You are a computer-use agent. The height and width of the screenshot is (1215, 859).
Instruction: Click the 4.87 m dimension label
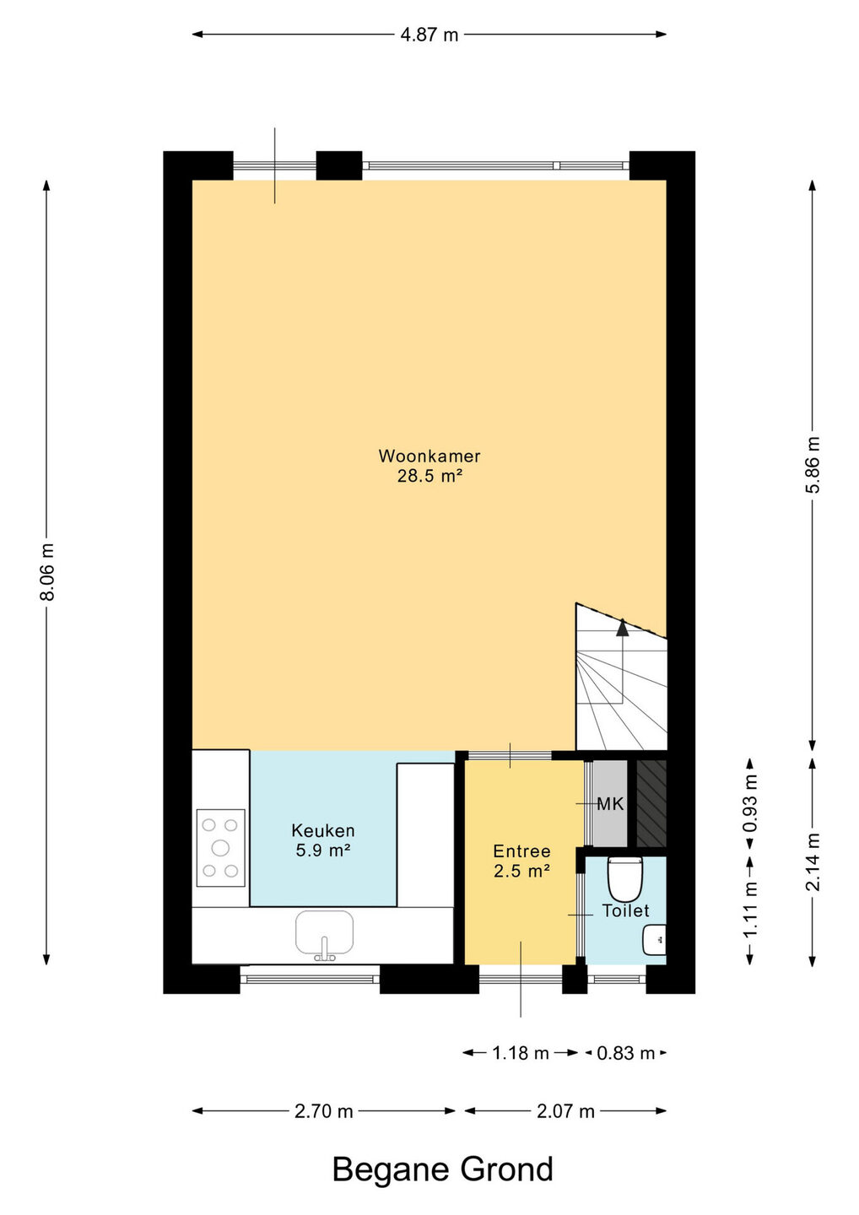[x=429, y=35]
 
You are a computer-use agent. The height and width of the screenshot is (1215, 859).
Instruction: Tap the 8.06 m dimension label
[x=48, y=572]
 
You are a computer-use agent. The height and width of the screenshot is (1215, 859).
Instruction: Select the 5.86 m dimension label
[x=813, y=464]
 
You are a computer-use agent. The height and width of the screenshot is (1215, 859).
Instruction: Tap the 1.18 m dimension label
[x=520, y=1053]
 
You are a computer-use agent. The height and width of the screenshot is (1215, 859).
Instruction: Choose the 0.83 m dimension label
[x=625, y=1053]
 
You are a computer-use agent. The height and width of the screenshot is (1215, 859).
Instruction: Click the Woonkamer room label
[x=429, y=456]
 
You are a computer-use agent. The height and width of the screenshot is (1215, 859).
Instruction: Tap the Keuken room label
[x=323, y=830]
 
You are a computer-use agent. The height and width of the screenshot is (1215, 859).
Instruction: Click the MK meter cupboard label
[x=610, y=804]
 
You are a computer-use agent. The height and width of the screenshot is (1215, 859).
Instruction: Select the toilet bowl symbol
[x=625, y=878]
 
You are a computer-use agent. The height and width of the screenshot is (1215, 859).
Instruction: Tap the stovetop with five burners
[x=220, y=848]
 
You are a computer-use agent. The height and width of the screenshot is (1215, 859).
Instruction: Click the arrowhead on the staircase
[x=623, y=627]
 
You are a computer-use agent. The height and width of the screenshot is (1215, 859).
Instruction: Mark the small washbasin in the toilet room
[x=655, y=940]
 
